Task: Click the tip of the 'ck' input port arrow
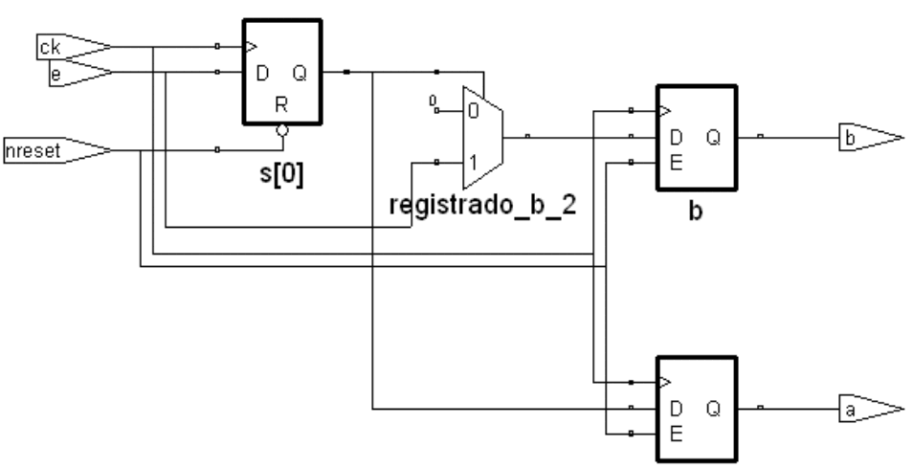[x=112, y=47]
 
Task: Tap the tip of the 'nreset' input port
[x=112, y=150]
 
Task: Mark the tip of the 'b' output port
[x=903, y=138]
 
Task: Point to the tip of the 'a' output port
[x=903, y=410]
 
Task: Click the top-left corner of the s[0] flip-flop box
[x=244, y=20]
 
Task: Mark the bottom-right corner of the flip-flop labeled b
[x=737, y=189]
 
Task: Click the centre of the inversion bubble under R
[x=282, y=130]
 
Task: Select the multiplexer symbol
[x=482, y=138]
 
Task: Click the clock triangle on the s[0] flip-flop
[x=251, y=47]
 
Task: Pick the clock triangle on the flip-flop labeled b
[x=665, y=111]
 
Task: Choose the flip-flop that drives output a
[x=697, y=410]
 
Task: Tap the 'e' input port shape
[x=81, y=73]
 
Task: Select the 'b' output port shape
[x=871, y=138]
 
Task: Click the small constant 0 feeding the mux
[x=432, y=100]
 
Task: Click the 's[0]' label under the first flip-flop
[x=281, y=174]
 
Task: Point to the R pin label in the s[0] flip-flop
[x=281, y=105]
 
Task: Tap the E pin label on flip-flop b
[x=676, y=163]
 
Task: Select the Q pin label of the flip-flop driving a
[x=714, y=410]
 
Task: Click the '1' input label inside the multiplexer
[x=474, y=163]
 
